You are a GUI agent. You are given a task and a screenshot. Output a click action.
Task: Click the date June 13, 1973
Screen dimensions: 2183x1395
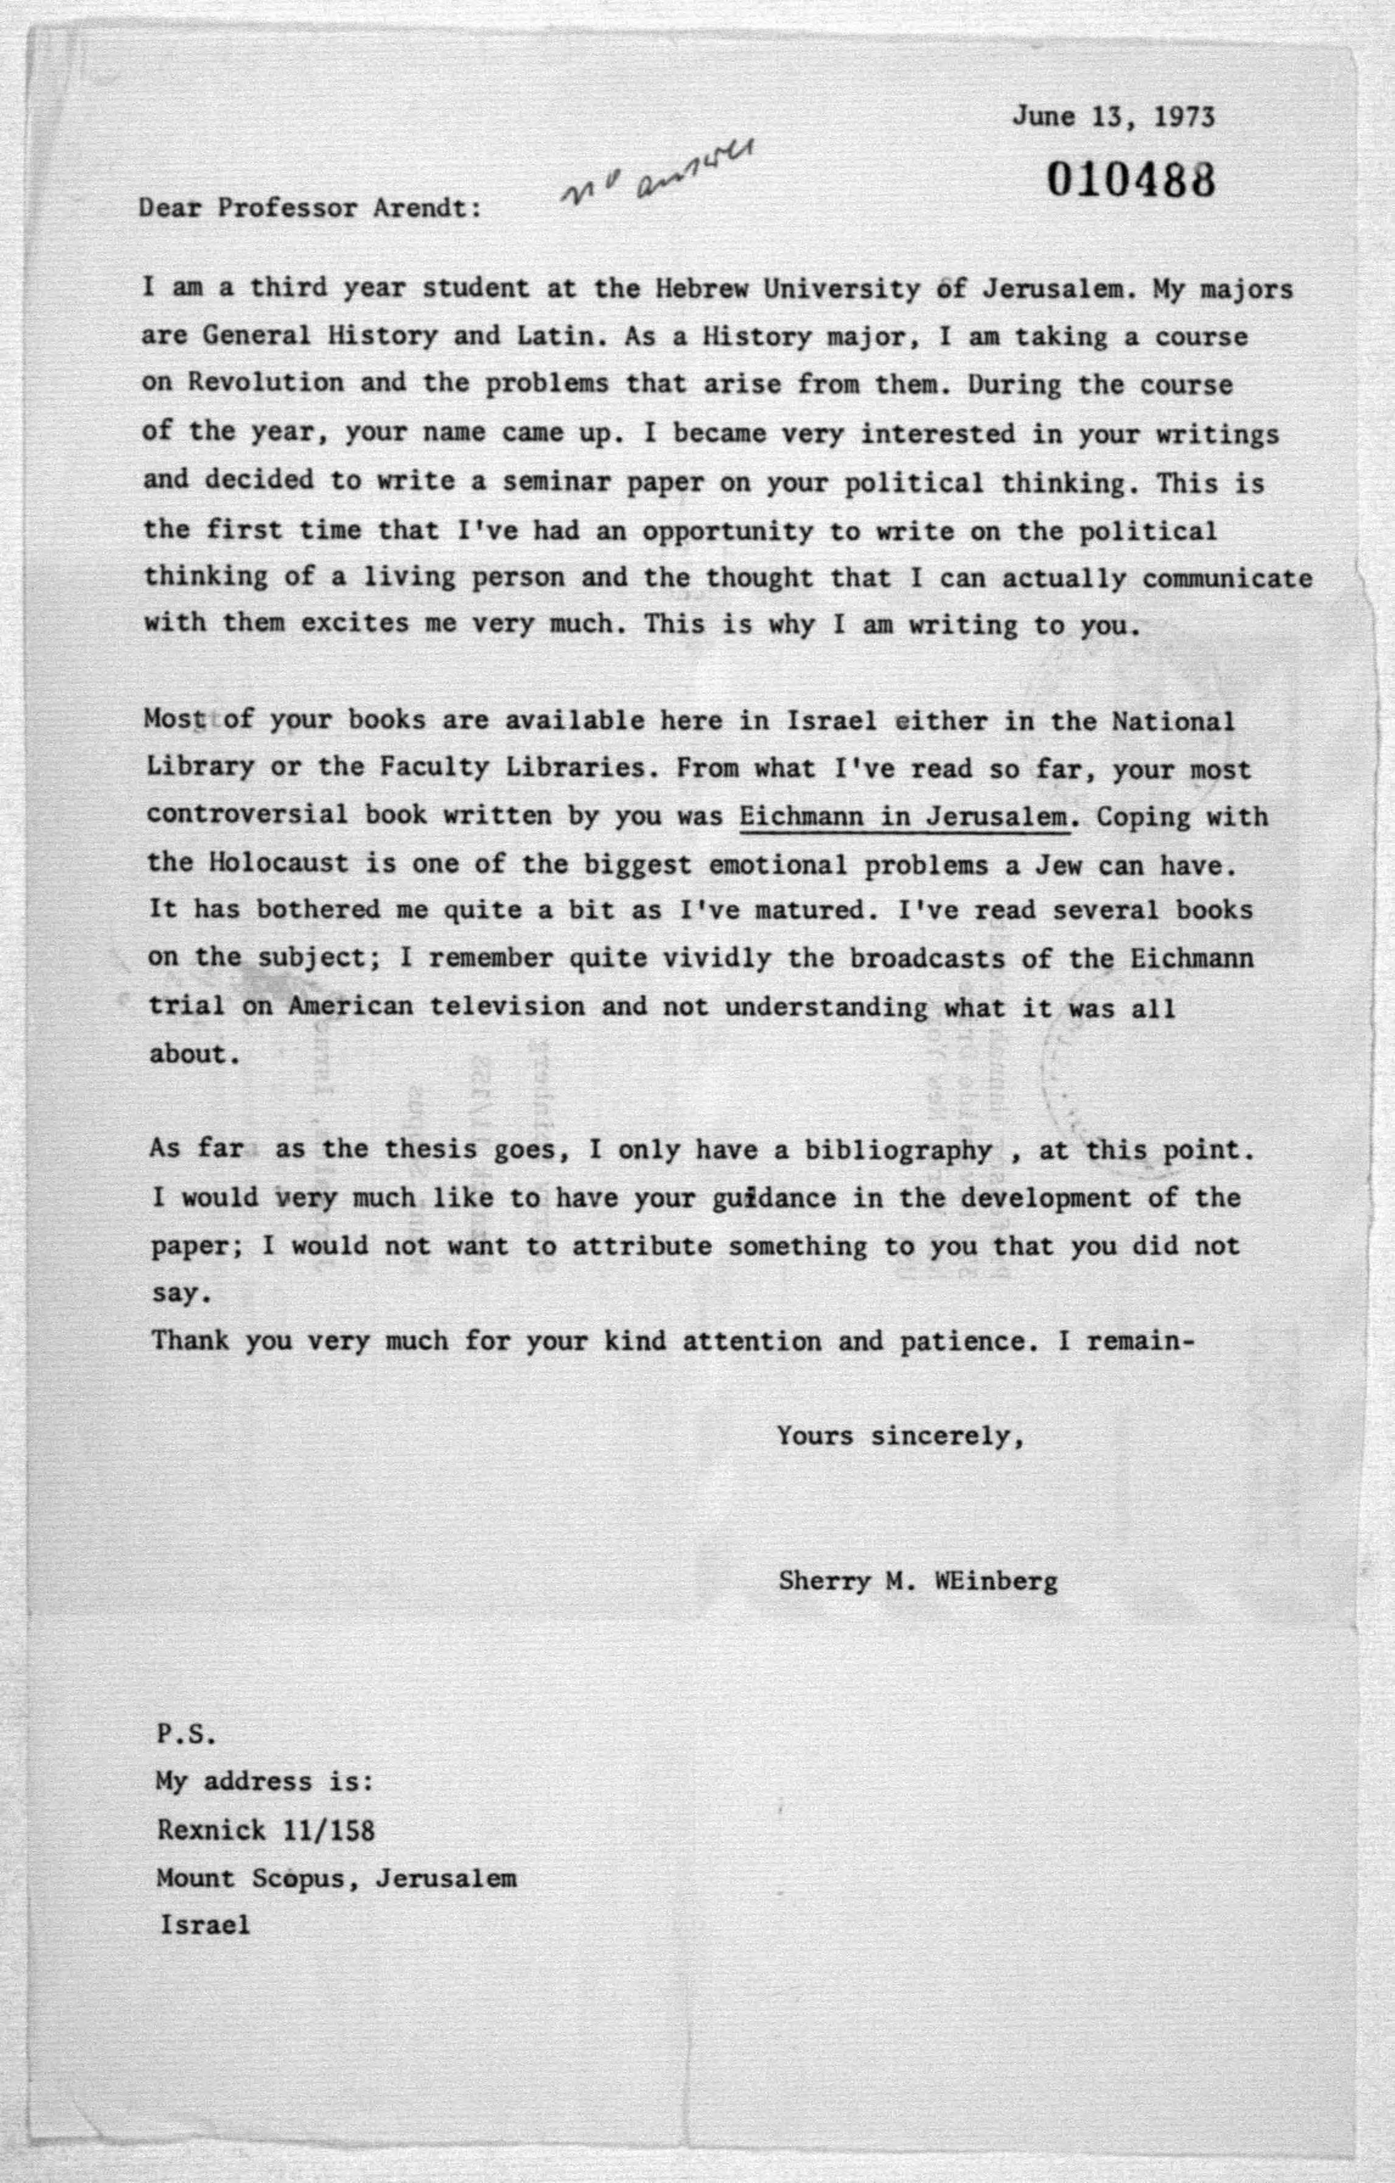tap(1113, 117)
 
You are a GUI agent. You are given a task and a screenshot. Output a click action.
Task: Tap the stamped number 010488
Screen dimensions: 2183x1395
tap(1130, 180)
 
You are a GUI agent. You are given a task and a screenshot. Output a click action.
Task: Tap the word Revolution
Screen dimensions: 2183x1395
tap(265, 382)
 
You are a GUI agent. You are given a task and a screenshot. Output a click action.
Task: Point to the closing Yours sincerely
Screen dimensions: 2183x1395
tap(901, 1436)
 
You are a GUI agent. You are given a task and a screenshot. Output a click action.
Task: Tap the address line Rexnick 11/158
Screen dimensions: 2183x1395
tap(265, 1829)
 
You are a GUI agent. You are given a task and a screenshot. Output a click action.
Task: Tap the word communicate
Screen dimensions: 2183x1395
tap(1226, 578)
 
